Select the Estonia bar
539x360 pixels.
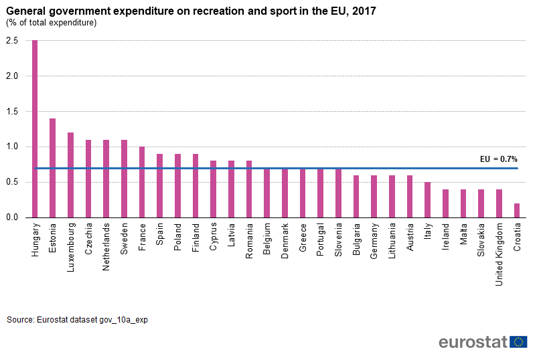click(x=53, y=168)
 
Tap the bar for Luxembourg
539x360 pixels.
click(x=70, y=175)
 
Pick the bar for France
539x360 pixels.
click(x=142, y=182)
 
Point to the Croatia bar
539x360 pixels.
click(x=517, y=210)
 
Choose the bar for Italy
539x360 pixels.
click(x=428, y=199)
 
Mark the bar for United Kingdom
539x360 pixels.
click(x=499, y=203)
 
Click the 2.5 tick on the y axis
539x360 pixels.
click(x=12, y=41)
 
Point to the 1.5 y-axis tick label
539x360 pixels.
click(x=12, y=112)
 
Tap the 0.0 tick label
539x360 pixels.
click(x=12, y=217)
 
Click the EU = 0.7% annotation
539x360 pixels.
click(x=499, y=159)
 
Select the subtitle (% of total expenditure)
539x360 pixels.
click(x=52, y=23)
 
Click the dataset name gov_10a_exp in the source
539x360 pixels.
click(x=124, y=321)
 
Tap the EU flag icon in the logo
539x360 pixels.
click(x=518, y=342)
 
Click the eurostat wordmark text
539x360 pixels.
click(x=473, y=342)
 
